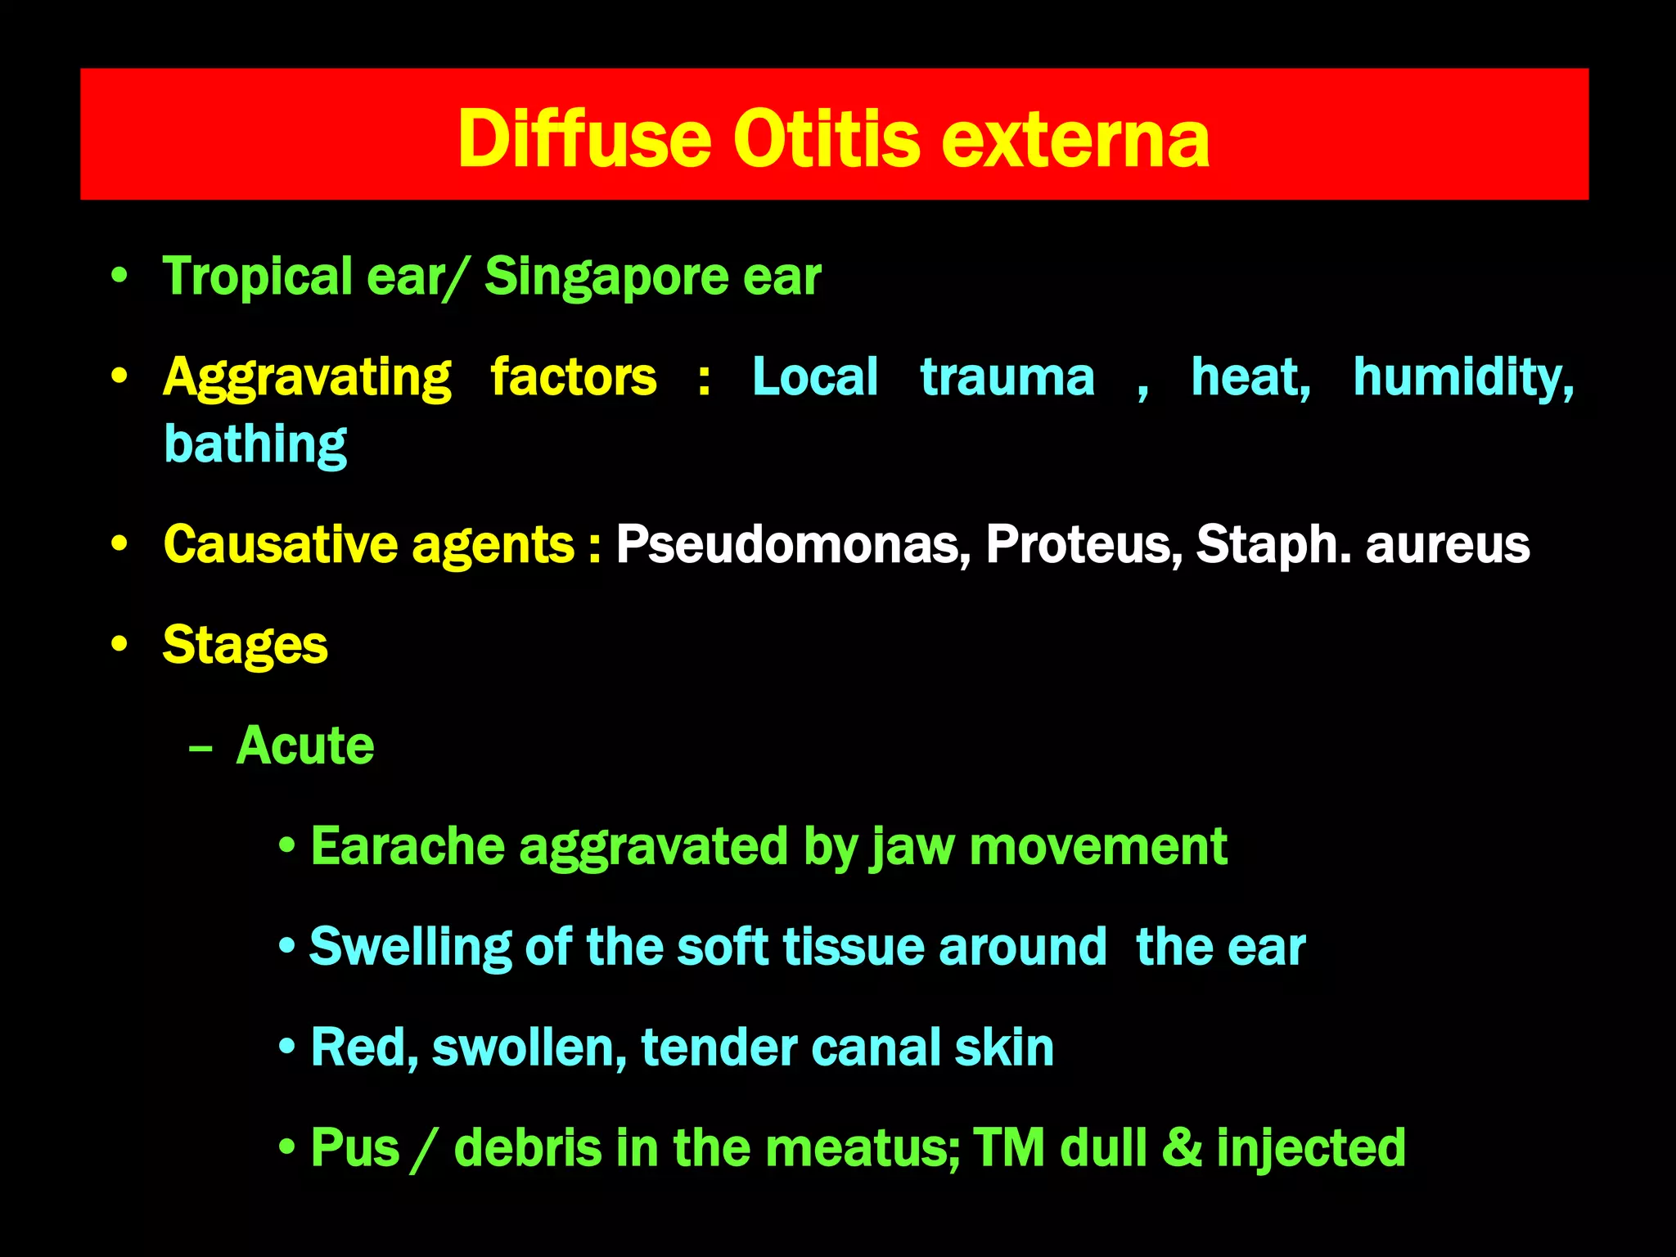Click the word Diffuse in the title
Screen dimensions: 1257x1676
point(583,139)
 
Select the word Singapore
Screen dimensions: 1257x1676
point(606,277)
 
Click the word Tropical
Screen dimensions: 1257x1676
point(257,277)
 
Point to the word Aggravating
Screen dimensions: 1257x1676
point(306,378)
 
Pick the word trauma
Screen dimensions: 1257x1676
point(1007,377)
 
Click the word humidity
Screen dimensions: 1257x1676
point(1462,377)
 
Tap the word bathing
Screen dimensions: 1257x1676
point(255,444)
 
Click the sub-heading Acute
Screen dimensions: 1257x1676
point(305,746)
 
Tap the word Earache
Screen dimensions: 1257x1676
point(407,846)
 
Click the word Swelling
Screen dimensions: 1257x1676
point(409,948)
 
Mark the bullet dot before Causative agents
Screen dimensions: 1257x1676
point(120,544)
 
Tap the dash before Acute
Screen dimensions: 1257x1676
point(200,747)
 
